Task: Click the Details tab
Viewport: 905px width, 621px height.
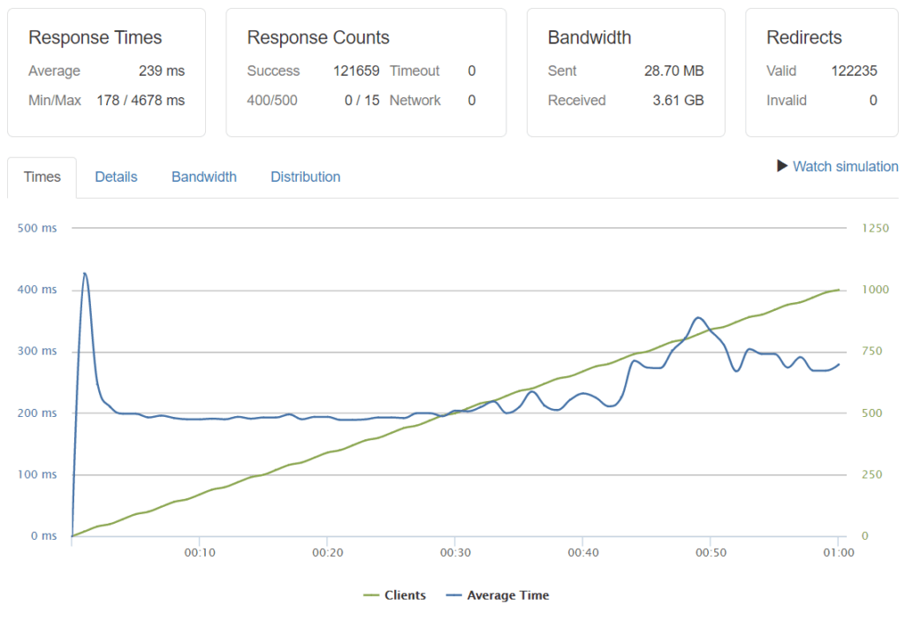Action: [x=116, y=177]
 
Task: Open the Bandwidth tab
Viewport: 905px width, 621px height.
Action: [x=204, y=177]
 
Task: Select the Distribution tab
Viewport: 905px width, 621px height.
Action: [x=305, y=177]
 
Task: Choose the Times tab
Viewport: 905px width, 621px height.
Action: [x=42, y=177]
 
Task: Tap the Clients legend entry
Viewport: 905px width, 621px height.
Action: [x=395, y=595]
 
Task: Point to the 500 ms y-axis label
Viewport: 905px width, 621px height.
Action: [x=37, y=228]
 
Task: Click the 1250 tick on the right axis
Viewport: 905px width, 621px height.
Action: [x=875, y=228]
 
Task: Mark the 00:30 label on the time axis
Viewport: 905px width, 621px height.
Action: [x=454, y=553]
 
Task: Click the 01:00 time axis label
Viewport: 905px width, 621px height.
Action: [x=838, y=553]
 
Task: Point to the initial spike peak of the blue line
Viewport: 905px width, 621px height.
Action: [x=84, y=274]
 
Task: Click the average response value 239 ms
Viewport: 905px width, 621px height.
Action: [x=162, y=71]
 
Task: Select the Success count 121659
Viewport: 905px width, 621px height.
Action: [x=356, y=71]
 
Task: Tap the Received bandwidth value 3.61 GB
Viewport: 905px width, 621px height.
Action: [x=678, y=100]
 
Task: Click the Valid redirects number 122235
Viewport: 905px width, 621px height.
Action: [x=854, y=71]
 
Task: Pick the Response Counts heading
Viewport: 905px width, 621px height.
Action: [x=318, y=37]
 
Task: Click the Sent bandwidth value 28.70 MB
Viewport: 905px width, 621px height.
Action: [x=673, y=71]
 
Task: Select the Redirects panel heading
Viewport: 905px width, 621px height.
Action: [x=804, y=37]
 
